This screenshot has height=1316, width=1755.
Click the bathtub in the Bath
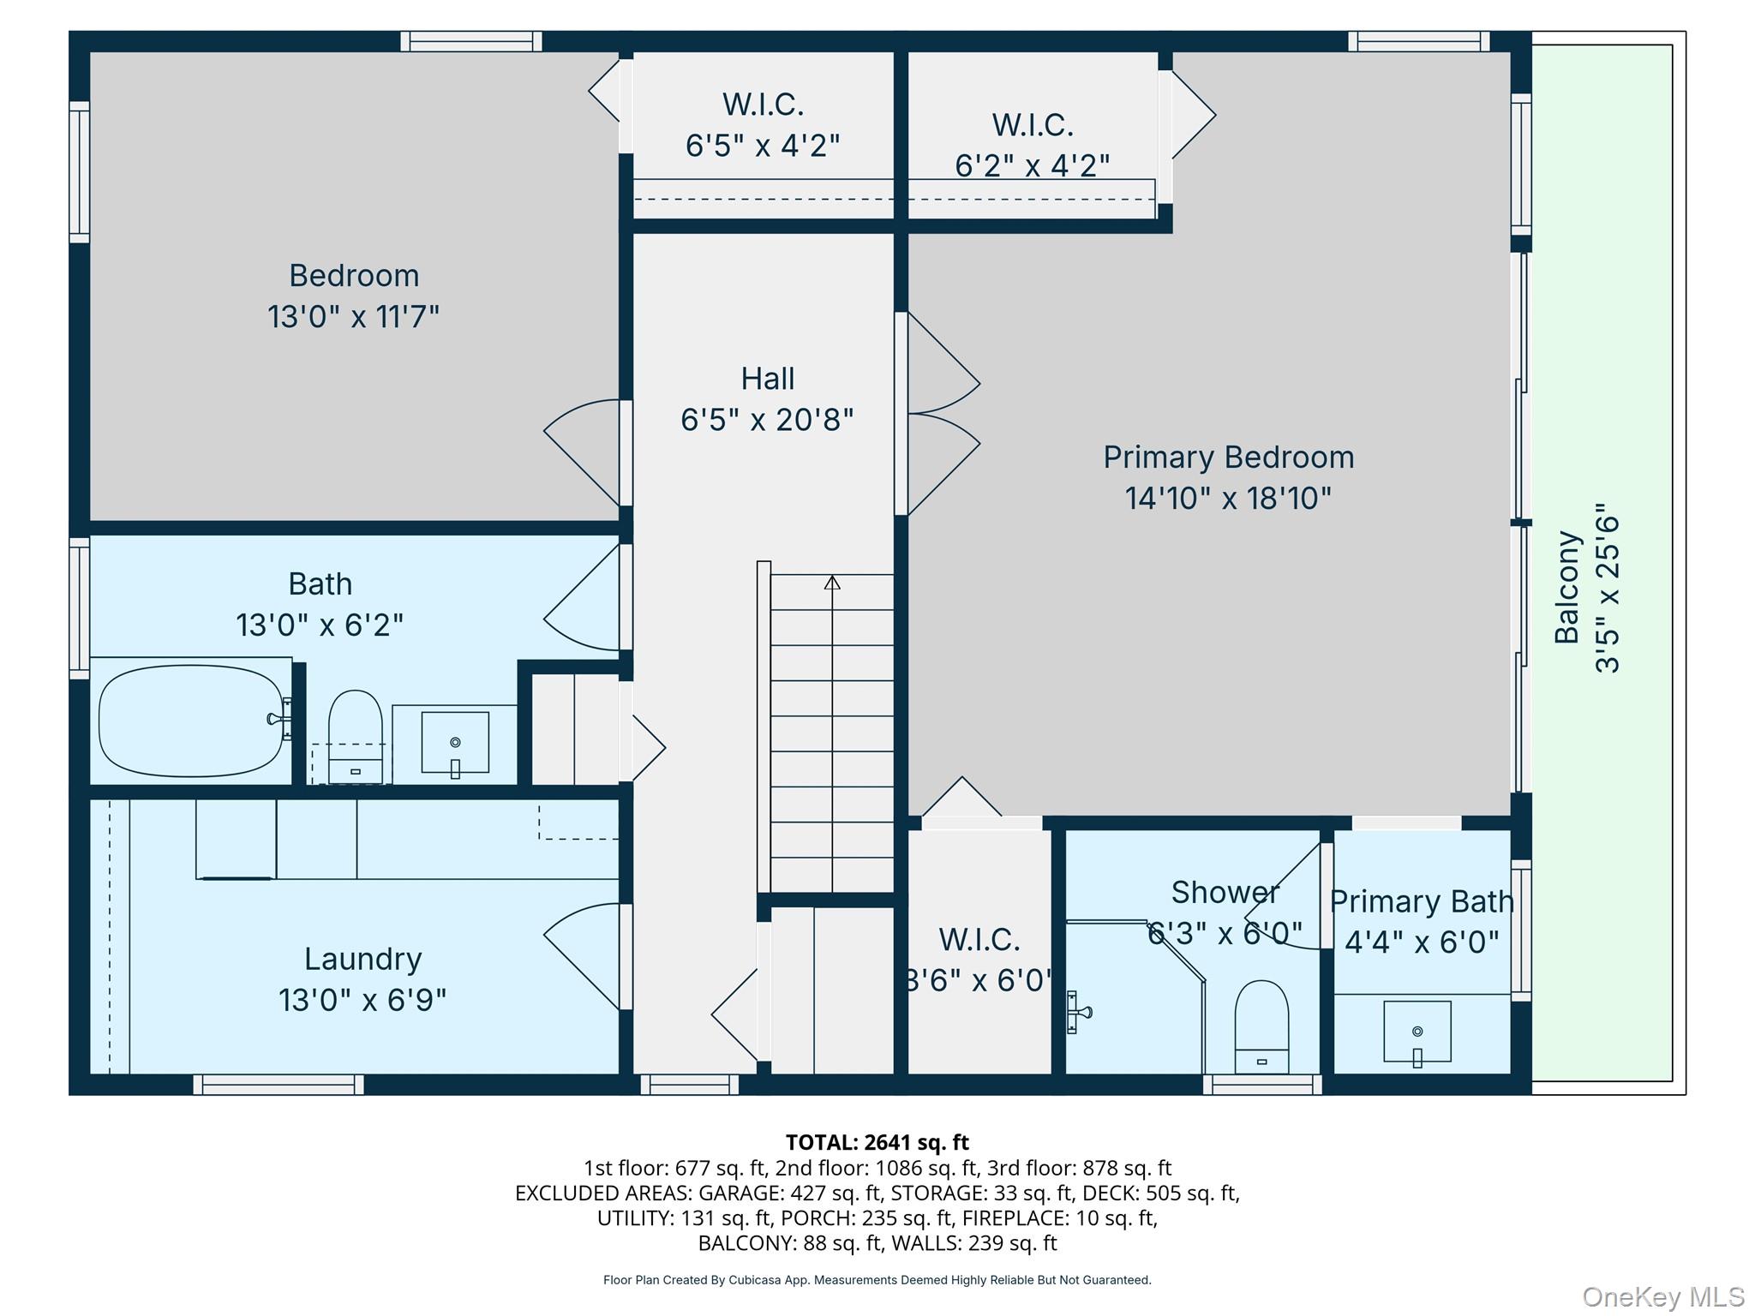pyautogui.click(x=190, y=721)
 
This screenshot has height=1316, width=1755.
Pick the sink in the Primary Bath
pyautogui.click(x=1417, y=1032)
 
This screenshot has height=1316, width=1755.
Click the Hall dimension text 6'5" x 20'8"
pyautogui.click(x=767, y=420)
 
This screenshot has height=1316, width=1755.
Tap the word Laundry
pyautogui.click(x=362, y=959)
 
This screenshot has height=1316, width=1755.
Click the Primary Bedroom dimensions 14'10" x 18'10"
pyautogui.click(x=1228, y=498)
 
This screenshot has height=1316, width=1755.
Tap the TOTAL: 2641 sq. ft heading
pyautogui.click(x=877, y=1142)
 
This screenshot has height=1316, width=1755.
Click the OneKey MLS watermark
pyautogui.click(x=1662, y=1297)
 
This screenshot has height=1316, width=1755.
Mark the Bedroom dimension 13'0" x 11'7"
pyautogui.click(x=353, y=316)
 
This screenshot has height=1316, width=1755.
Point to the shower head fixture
pyautogui.click(x=1077, y=1013)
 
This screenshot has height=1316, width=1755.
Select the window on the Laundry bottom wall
pyautogui.click(x=279, y=1085)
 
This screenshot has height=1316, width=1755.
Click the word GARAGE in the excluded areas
pyautogui.click(x=736, y=1193)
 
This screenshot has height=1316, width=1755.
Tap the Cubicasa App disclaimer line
pyautogui.click(x=877, y=1280)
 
